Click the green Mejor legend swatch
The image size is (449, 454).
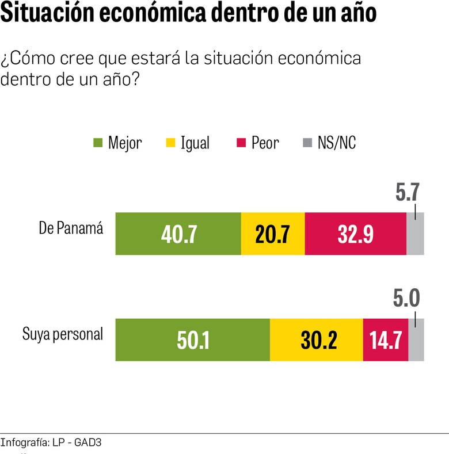97,143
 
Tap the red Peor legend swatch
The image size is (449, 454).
241,143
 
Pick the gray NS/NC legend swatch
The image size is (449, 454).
307,143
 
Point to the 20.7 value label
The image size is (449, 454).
272,234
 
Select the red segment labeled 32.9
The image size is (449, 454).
355,234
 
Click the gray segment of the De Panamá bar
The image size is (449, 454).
415,234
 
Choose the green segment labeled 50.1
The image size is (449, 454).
192,340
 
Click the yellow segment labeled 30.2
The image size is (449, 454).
316,340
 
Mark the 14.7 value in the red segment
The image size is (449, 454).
385,340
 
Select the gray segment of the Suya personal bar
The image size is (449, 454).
416,339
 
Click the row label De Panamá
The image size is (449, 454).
71,228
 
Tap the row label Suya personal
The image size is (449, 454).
63,334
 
